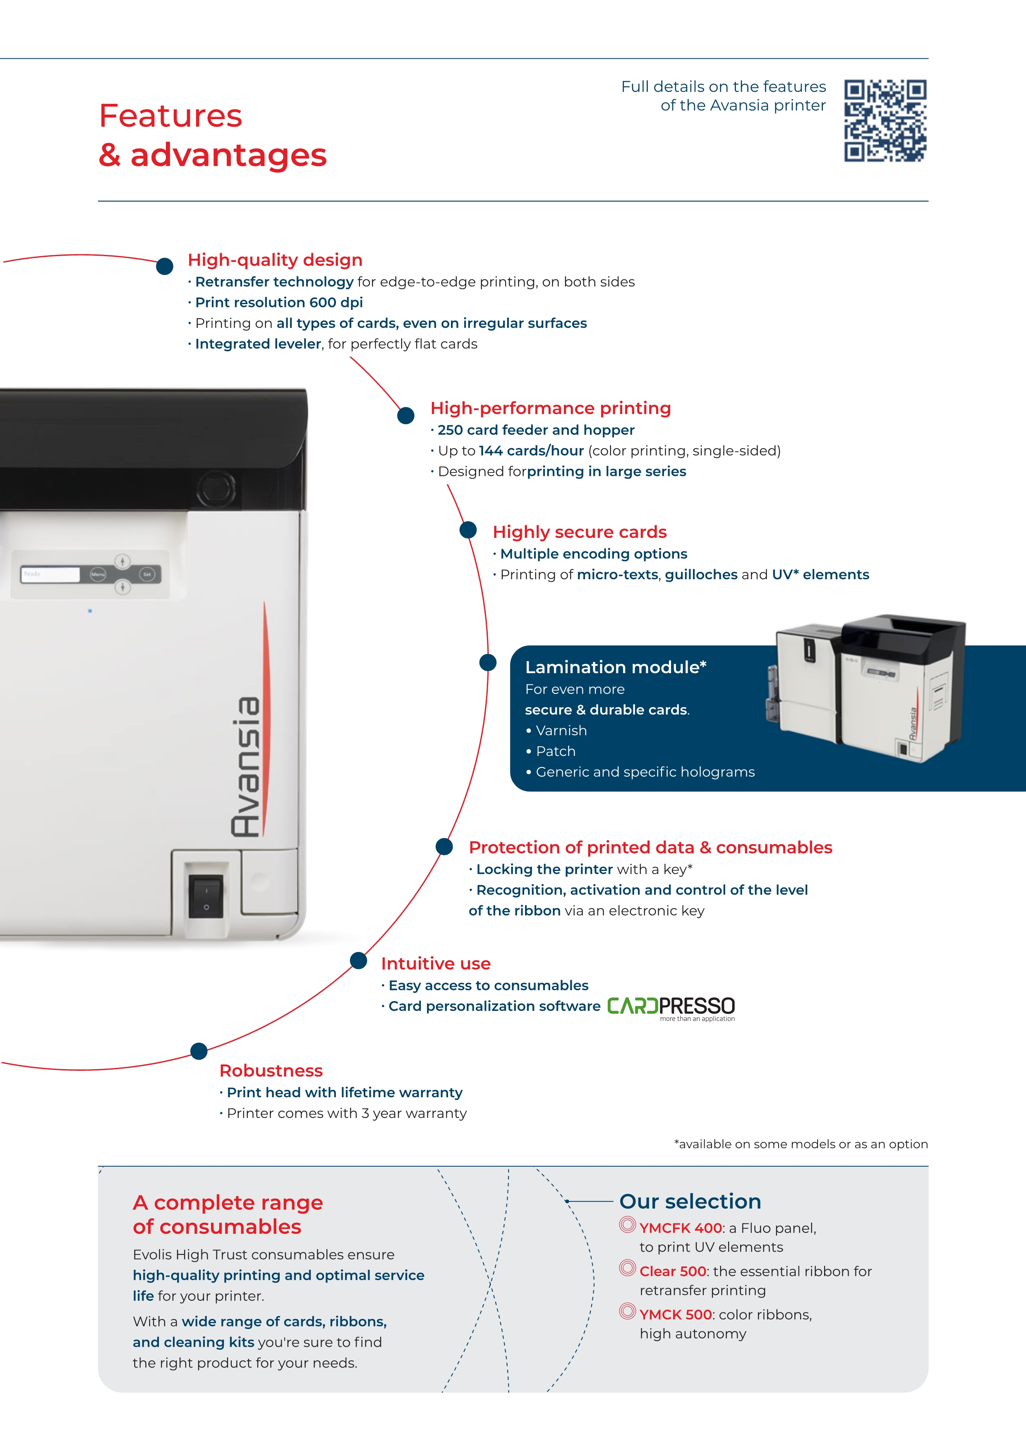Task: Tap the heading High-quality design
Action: point(275,260)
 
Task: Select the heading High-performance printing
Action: point(550,408)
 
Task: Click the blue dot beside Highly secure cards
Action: point(468,530)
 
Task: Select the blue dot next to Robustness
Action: point(199,1051)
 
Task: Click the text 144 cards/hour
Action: point(531,451)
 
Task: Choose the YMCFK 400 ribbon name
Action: point(681,1228)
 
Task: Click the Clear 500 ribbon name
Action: point(673,1271)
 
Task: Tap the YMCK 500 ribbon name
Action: point(675,1314)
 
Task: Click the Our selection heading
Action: point(690,1202)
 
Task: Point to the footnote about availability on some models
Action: point(801,1144)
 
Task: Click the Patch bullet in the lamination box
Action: point(555,751)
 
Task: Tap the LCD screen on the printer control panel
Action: point(50,574)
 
